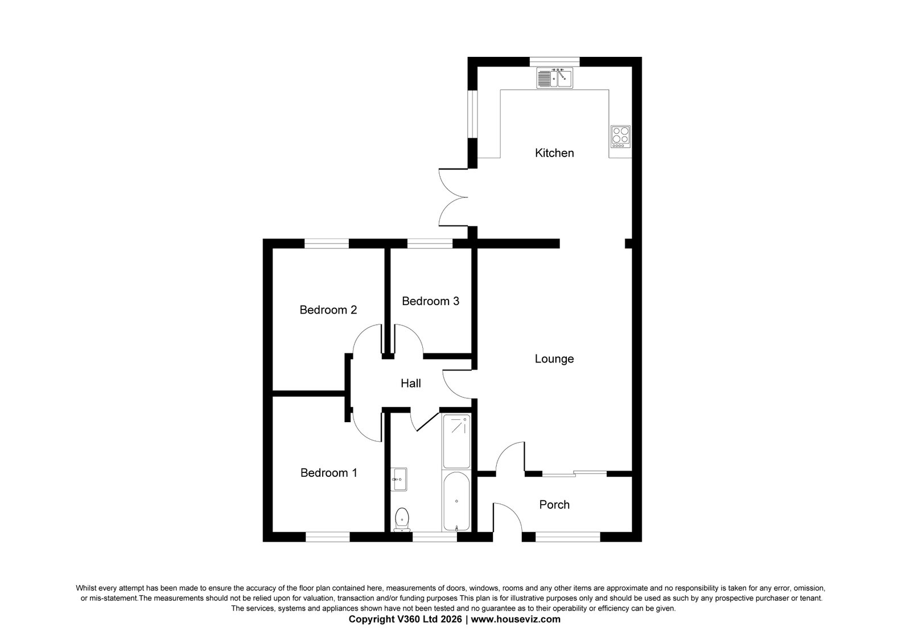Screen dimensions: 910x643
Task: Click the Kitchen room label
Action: click(x=554, y=153)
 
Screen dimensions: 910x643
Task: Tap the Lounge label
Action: click(x=554, y=359)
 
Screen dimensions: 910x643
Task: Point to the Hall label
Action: click(x=411, y=384)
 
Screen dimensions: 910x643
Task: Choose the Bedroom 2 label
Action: click(x=328, y=310)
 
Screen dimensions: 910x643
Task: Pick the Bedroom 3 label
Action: click(x=431, y=301)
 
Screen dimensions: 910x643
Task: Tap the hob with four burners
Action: click(x=621, y=137)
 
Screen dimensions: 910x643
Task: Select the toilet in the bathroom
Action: click(x=402, y=520)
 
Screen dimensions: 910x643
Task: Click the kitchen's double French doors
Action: click(x=454, y=197)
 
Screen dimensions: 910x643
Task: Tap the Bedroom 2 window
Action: click(x=327, y=244)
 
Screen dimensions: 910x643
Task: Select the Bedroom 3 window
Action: click(x=430, y=244)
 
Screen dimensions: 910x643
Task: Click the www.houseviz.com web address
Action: click(x=516, y=619)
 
